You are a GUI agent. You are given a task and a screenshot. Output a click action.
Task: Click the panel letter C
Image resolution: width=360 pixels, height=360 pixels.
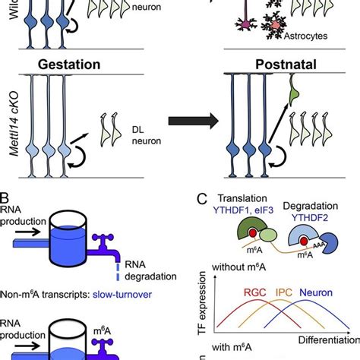(200, 199)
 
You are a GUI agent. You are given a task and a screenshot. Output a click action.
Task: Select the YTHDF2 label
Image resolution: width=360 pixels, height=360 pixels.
(324, 215)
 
